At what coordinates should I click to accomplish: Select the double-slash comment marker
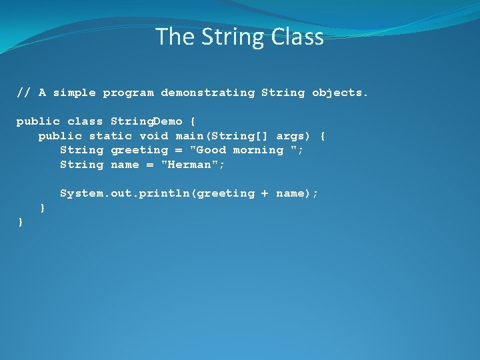[x=24, y=93]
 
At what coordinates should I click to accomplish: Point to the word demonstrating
[x=207, y=93]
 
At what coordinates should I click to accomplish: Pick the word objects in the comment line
[x=339, y=93]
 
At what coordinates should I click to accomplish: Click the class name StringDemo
[x=146, y=121]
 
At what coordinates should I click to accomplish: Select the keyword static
[x=110, y=136]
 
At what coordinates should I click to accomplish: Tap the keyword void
[x=153, y=136]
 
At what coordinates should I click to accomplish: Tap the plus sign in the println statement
[x=265, y=193]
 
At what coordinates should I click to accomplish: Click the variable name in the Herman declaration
[x=125, y=165]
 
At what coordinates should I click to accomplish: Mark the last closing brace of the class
[x=21, y=222]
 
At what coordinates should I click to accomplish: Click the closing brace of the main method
[x=43, y=208]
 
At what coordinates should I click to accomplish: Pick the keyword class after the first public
[x=85, y=121]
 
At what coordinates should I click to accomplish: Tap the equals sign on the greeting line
[x=179, y=150]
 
